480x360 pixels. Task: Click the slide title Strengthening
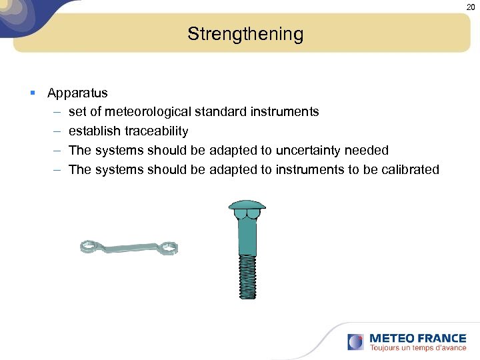(x=245, y=34)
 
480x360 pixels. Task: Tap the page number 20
(x=471, y=7)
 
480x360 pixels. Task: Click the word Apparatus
(x=77, y=93)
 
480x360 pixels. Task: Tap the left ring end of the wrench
(x=89, y=247)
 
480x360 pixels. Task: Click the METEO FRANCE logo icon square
(x=356, y=342)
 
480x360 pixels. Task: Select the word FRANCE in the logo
(x=441, y=338)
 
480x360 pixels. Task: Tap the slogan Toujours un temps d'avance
(x=417, y=348)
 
